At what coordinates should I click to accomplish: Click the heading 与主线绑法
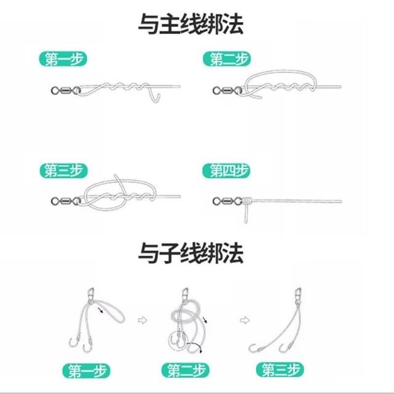[191, 24]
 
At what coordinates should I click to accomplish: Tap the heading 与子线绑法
[191, 253]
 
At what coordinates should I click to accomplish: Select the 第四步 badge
[227, 171]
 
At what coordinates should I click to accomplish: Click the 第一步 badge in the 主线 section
[63, 59]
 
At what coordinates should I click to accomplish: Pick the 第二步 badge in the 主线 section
[227, 59]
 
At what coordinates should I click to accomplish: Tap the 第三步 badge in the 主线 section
[63, 171]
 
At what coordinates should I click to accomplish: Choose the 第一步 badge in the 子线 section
[86, 371]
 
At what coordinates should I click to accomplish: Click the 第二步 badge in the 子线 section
[185, 370]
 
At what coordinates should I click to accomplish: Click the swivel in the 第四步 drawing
[227, 201]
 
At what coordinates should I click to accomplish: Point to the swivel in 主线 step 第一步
[66, 90]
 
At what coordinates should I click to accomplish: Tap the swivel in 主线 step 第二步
[227, 90]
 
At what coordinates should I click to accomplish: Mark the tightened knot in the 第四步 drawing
[247, 201]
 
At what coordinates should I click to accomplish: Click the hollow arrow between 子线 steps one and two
[142, 320]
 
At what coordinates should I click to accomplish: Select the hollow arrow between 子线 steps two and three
[245, 320]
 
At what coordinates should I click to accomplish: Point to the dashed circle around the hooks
[179, 341]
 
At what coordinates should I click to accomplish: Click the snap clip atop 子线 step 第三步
[298, 294]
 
